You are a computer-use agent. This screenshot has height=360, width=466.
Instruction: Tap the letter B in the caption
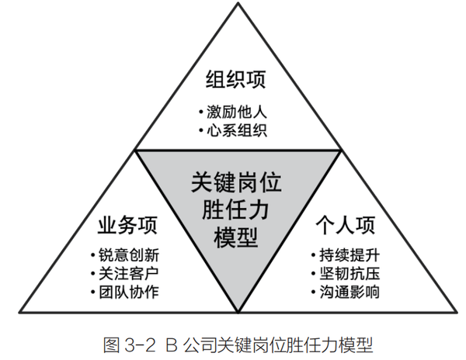click(173, 342)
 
